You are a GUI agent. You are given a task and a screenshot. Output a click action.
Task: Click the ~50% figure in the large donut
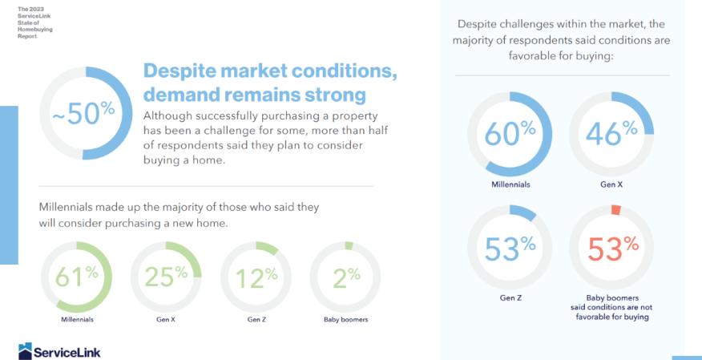(83, 113)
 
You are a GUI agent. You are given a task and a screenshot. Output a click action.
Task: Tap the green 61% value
(77, 277)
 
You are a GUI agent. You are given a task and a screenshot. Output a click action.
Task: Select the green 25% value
(166, 277)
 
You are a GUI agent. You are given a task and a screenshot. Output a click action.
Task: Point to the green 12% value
(256, 278)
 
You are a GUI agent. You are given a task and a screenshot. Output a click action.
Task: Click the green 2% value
(346, 278)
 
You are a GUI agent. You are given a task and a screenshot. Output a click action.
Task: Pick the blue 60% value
(510, 133)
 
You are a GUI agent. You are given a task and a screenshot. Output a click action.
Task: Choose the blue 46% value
(611, 133)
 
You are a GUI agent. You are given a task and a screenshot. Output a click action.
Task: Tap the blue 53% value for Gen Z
(510, 249)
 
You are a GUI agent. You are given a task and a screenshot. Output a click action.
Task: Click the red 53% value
(613, 249)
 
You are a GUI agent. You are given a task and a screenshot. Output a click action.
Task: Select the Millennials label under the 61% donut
(77, 319)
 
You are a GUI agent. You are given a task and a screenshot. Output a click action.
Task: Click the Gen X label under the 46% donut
(611, 184)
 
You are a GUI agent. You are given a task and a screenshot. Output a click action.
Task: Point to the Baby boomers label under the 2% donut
(345, 319)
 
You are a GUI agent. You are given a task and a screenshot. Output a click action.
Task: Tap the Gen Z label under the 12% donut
(256, 319)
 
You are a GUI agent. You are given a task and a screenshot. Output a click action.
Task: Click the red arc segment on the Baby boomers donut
(616, 210)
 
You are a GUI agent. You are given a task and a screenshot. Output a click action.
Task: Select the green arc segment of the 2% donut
(349, 246)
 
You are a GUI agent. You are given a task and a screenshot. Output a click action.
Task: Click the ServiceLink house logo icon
(25, 351)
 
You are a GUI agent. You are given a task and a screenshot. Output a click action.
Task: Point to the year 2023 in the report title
(37, 9)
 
